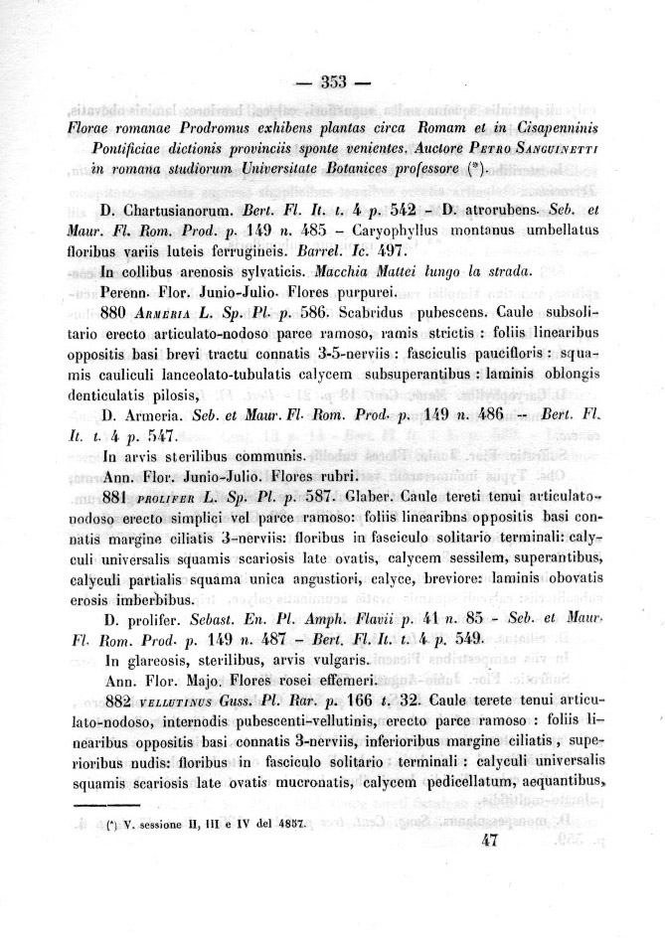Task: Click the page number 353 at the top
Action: coord(332,83)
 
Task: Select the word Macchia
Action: coord(345,272)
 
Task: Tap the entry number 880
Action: coord(119,312)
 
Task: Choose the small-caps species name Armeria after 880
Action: coord(170,313)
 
